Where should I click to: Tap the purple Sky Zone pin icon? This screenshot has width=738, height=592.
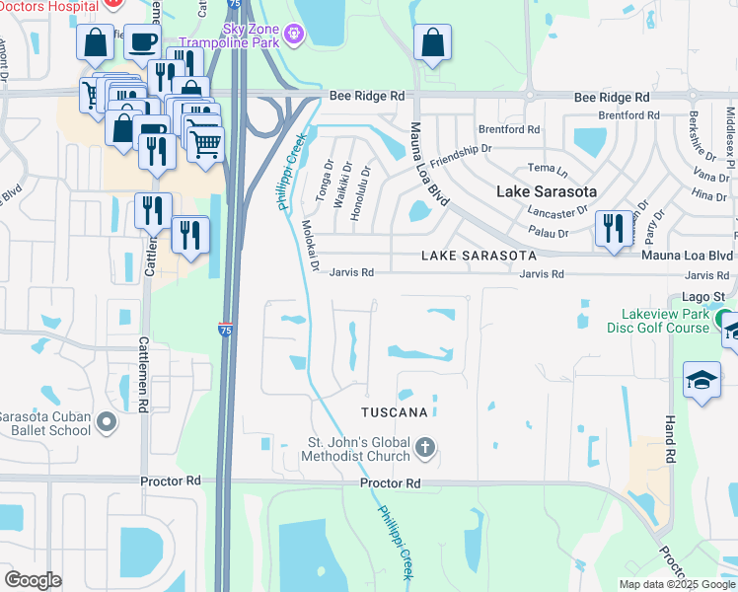click(x=294, y=37)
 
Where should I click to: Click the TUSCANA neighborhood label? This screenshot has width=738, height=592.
click(x=395, y=411)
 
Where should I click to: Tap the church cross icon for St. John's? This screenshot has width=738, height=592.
click(x=425, y=448)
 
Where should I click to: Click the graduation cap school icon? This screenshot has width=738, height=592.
click(x=701, y=380)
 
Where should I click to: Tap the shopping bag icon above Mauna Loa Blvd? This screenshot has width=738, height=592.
click(x=432, y=44)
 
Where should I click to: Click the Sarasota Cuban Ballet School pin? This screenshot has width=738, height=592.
click(x=107, y=424)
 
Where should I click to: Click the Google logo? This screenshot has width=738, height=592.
click(x=33, y=580)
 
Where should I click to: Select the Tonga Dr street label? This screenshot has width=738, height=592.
click(x=324, y=182)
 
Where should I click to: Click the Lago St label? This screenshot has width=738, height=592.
click(x=703, y=296)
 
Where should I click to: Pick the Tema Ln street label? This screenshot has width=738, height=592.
click(x=543, y=169)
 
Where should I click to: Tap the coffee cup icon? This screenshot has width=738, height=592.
click(x=142, y=41)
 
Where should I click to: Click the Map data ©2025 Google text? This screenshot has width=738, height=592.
click(x=675, y=584)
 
